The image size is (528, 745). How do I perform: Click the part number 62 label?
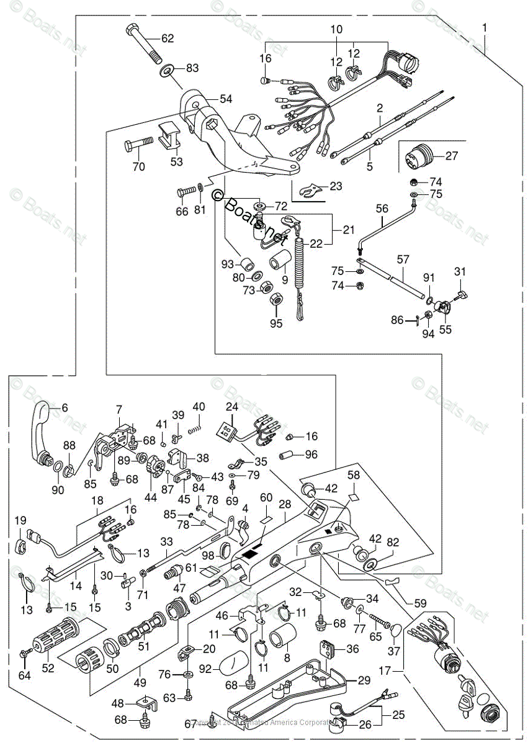168,38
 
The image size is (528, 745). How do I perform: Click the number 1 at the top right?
484,27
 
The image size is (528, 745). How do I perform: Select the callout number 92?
205,669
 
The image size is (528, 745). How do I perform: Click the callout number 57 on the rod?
404,257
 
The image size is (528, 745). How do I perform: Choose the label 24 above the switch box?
231,407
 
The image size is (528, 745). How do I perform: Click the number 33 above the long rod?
166,542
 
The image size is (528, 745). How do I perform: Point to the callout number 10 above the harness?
336,29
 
